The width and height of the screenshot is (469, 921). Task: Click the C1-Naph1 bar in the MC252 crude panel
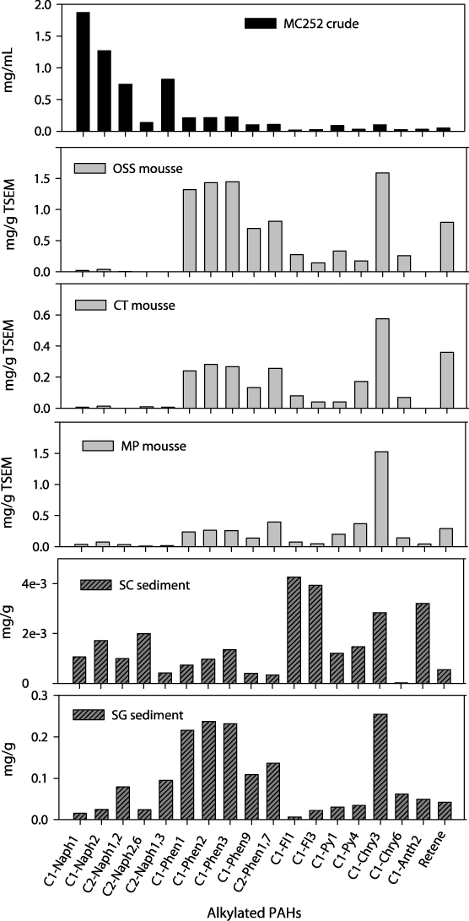(83, 72)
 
